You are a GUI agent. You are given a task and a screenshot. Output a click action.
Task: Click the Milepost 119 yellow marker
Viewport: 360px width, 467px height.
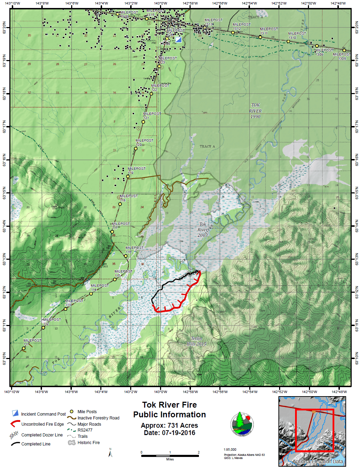[x=128, y=176]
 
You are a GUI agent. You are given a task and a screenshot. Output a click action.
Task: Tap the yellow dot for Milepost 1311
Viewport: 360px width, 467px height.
[x=260, y=37]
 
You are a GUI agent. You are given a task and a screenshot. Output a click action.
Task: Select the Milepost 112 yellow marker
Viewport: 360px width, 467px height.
[x=43, y=327]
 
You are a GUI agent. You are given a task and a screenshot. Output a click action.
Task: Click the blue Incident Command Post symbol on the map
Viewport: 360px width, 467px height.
[x=178, y=40]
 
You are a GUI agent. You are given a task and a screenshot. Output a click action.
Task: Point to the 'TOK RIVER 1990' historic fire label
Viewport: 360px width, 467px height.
[x=255, y=111]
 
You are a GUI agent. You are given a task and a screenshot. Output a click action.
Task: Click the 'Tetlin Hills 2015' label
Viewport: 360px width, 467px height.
[x=196, y=341]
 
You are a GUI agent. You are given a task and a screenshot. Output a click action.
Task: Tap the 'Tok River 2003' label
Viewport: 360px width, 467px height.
[x=203, y=230]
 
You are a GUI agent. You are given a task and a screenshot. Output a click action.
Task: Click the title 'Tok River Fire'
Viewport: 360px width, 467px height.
[x=169, y=405]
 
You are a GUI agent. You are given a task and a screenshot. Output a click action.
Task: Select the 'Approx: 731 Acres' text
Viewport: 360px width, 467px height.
[x=169, y=425]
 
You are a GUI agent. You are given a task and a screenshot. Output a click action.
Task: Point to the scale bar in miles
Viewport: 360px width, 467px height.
[x=170, y=456]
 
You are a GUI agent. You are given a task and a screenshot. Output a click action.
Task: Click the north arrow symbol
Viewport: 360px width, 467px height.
[x=110, y=453]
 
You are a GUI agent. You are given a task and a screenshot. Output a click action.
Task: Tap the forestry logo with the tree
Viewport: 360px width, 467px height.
[x=242, y=424]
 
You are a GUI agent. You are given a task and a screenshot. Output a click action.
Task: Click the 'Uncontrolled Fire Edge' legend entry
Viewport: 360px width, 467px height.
[x=42, y=424]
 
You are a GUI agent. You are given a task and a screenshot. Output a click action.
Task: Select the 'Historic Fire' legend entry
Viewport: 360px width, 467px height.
[x=89, y=443]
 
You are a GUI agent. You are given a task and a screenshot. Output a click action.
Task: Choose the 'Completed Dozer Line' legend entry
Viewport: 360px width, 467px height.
[x=42, y=435]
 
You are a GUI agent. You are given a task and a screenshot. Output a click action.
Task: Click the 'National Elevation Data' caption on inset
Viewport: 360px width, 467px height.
[x=318, y=461]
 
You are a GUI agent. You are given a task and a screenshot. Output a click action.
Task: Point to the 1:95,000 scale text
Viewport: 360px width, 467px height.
[x=230, y=450]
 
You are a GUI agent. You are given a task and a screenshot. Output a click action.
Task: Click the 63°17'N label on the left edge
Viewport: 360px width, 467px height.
[x=5, y=126]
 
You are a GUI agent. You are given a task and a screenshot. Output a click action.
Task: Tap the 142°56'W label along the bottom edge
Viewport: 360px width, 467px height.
[x=220, y=392]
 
